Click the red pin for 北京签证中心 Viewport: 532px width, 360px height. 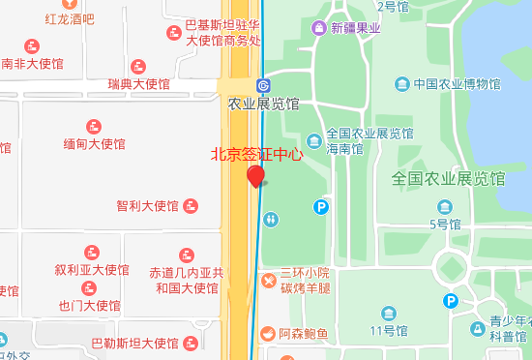255,176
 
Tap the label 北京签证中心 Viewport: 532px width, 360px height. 257,154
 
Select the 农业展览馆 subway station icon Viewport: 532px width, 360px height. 263,84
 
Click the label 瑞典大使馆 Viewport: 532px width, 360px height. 139,84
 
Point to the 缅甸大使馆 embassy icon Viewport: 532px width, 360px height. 94,126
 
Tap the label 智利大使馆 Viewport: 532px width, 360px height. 147,205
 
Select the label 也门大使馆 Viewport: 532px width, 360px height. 90,306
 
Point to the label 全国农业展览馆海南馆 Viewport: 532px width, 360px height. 370,141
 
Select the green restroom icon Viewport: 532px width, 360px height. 272,220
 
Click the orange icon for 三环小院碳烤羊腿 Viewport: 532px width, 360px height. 268,281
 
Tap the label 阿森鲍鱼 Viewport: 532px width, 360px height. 304,335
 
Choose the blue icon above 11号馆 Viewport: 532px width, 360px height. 389,314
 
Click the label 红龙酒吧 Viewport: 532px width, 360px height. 70,18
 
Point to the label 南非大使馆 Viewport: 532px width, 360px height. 32,65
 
